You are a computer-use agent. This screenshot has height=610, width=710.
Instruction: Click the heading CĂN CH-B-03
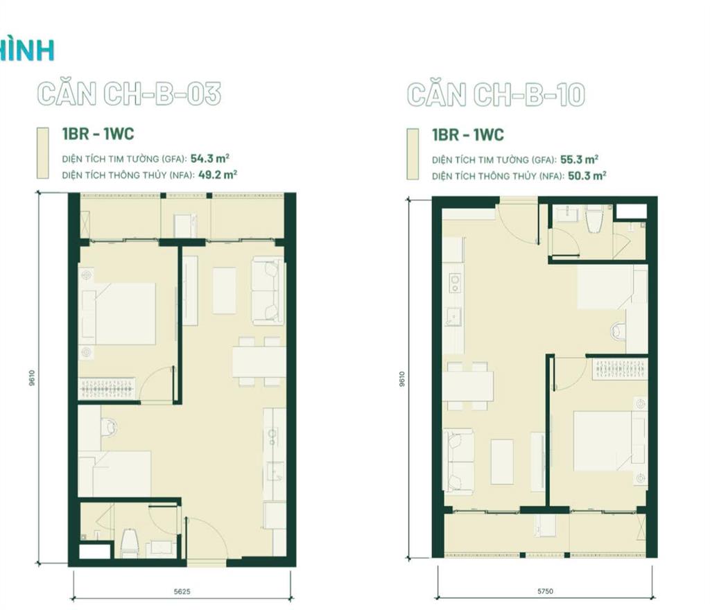click(129, 94)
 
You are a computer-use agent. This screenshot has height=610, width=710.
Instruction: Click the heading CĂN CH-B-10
click(496, 94)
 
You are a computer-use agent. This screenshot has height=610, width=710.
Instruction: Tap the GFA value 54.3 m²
click(209, 158)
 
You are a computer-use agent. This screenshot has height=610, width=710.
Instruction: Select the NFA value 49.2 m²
click(218, 175)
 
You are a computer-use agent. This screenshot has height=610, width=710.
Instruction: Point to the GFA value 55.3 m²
click(580, 159)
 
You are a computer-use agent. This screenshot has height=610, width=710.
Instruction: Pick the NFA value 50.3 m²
click(587, 175)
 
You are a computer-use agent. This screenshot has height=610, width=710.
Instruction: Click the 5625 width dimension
click(182, 591)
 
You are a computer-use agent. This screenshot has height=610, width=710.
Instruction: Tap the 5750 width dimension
click(545, 591)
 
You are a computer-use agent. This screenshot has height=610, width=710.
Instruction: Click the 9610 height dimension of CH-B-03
click(32, 378)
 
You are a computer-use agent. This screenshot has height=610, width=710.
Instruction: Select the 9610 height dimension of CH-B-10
click(402, 378)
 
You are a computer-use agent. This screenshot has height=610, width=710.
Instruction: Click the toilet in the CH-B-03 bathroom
click(130, 543)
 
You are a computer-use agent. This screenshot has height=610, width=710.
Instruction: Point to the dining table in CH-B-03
click(259, 362)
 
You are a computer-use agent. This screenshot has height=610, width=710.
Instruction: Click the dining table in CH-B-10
click(468, 386)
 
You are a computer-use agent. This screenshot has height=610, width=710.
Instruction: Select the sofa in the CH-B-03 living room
click(268, 290)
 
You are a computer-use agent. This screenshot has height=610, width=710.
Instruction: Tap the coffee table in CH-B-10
click(502, 462)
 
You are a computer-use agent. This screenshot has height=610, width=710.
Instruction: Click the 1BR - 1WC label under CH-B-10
click(468, 134)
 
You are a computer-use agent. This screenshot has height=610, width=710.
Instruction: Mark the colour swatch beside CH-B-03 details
click(43, 153)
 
